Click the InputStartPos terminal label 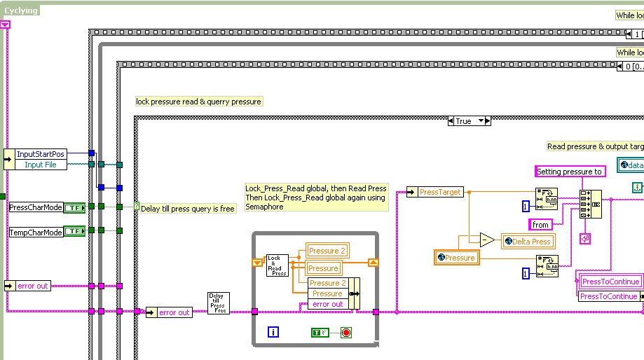click(x=41, y=153)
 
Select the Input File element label click(x=41, y=165)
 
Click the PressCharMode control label click(x=36, y=207)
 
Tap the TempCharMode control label click(x=36, y=232)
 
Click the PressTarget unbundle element click(x=440, y=192)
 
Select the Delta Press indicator click(x=527, y=242)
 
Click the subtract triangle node click(x=487, y=241)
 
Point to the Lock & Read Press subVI click(x=277, y=265)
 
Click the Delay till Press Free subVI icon click(x=218, y=303)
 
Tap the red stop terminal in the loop click(x=345, y=332)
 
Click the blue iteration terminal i click(x=274, y=332)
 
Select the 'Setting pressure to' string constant click(x=569, y=172)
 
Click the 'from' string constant click(x=540, y=225)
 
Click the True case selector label click(x=464, y=121)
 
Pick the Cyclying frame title click(x=22, y=11)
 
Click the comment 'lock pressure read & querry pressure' click(x=198, y=102)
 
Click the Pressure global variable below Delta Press click(x=455, y=258)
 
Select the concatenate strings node click(x=591, y=204)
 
